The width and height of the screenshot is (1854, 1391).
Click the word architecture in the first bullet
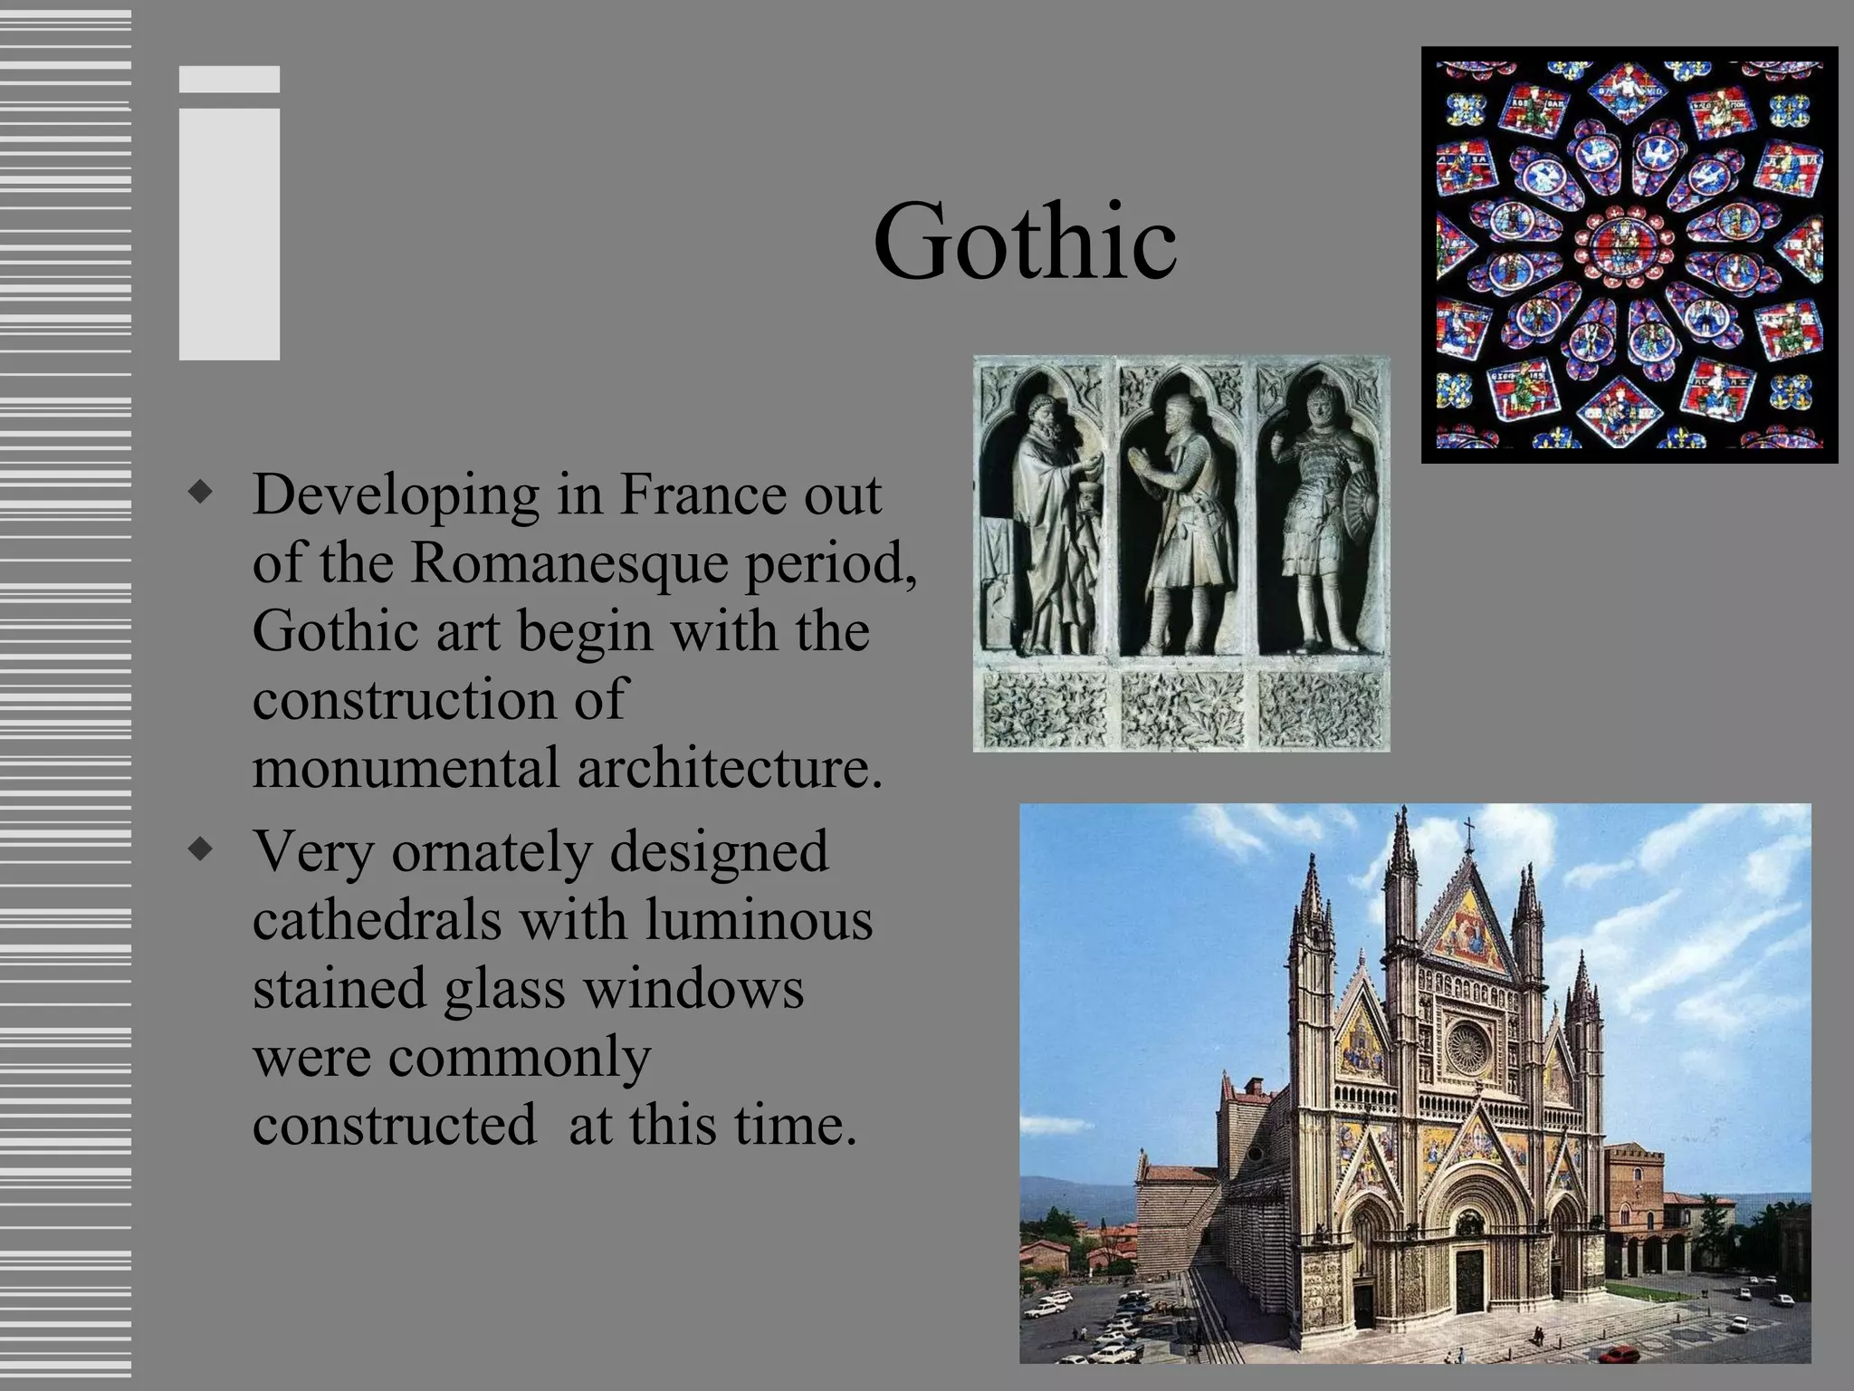pyautogui.click(x=729, y=768)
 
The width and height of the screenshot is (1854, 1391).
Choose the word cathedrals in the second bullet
pyautogui.click(x=377, y=920)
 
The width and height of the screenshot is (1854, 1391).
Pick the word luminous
pyautogui.click(x=759, y=920)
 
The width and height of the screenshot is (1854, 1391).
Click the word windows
pyautogui.click(x=693, y=988)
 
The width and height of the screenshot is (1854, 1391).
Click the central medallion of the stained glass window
pyautogui.click(x=1627, y=242)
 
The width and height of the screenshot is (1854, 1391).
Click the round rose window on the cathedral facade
pyautogui.click(x=1467, y=1048)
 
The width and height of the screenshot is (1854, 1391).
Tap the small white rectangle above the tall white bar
pyautogui.click(x=229, y=79)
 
